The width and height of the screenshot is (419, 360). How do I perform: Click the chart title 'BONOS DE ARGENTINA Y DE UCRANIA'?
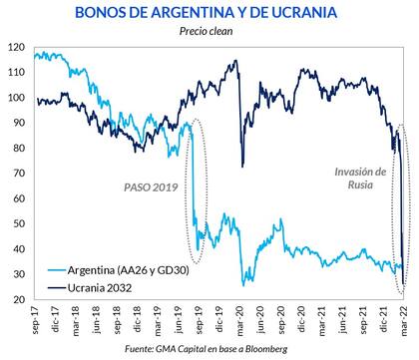click(x=209, y=12)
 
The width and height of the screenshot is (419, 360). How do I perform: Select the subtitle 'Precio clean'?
click(x=209, y=32)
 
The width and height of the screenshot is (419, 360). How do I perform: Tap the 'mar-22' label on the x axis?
click(x=403, y=321)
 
